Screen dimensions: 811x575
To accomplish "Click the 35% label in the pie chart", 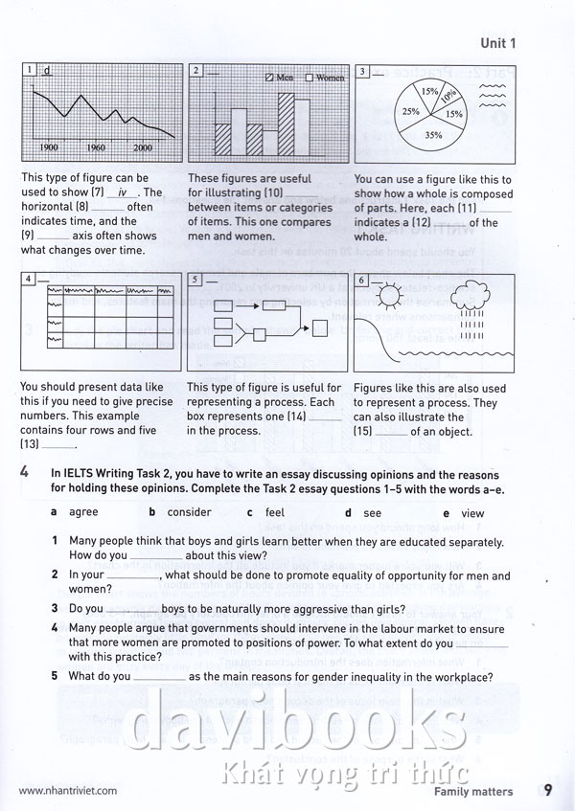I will [x=433, y=135].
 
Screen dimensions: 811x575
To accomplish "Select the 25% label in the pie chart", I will [x=411, y=111].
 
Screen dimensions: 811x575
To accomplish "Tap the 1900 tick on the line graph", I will [x=50, y=147].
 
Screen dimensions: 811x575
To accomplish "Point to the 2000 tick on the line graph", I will [x=143, y=147].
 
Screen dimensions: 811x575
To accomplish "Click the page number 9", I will [x=546, y=791].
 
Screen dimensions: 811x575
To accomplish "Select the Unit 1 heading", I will [x=497, y=42].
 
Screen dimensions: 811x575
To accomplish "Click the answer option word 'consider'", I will [x=189, y=512].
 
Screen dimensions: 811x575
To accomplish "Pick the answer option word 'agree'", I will [x=83, y=512].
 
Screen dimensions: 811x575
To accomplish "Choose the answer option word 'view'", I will [x=472, y=513].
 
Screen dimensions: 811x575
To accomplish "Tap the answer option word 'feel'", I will [x=275, y=512].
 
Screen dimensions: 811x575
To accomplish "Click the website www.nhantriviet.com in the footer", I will [x=67, y=792].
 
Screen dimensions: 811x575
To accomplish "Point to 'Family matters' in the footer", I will [x=472, y=792].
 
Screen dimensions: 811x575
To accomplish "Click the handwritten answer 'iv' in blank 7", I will [x=121, y=191].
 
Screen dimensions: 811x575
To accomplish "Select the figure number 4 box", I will [x=30, y=279].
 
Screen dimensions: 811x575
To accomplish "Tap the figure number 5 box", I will [x=195, y=280].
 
